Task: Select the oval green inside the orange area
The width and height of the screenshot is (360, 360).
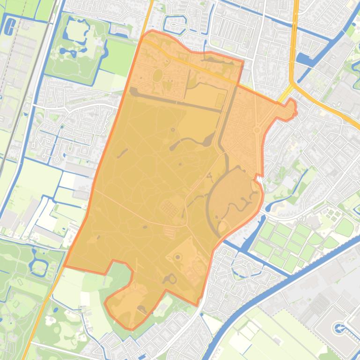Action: click(157, 75)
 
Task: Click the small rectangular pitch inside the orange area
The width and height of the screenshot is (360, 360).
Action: click(220, 100)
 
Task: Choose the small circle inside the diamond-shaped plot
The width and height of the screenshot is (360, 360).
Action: click(178, 257)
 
